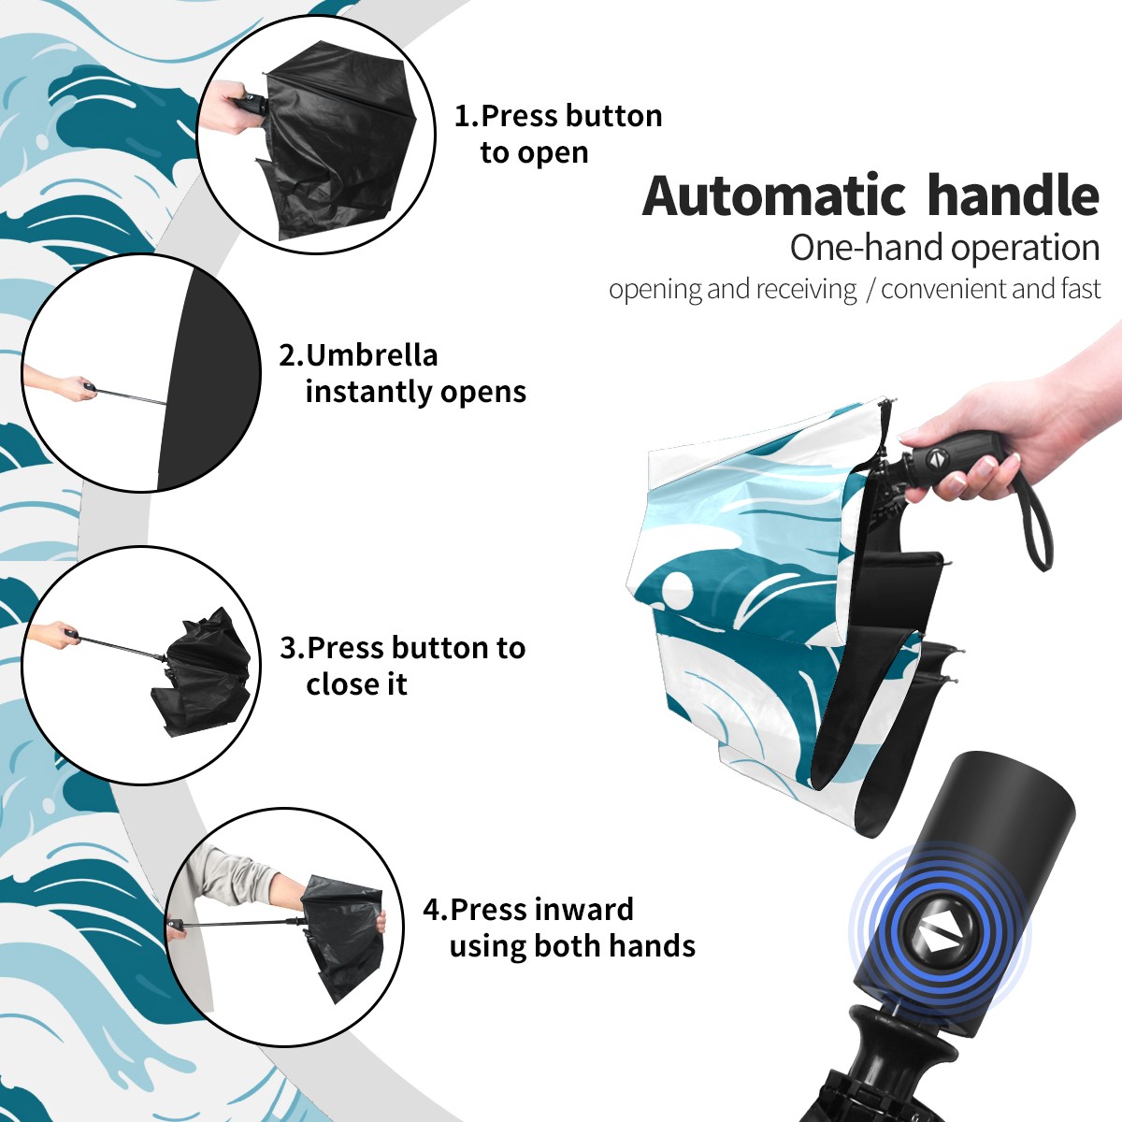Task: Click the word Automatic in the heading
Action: [774, 196]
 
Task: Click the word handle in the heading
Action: [1014, 195]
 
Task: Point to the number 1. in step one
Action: [467, 116]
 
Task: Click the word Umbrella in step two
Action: [371, 355]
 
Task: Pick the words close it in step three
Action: [356, 684]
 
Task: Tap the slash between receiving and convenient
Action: [870, 289]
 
